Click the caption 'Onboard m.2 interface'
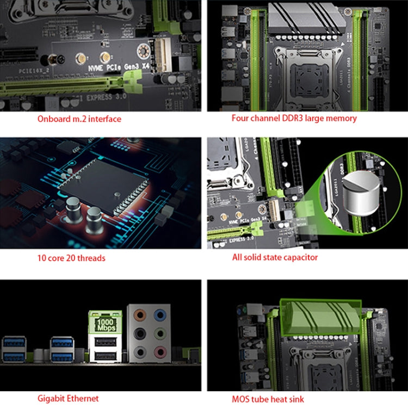pyautogui.click(x=79, y=119)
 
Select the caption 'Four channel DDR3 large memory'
pyautogui.click(x=294, y=118)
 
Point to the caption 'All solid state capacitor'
pyautogui.click(x=275, y=257)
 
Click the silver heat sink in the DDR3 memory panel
pyautogui.click(x=305, y=21)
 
